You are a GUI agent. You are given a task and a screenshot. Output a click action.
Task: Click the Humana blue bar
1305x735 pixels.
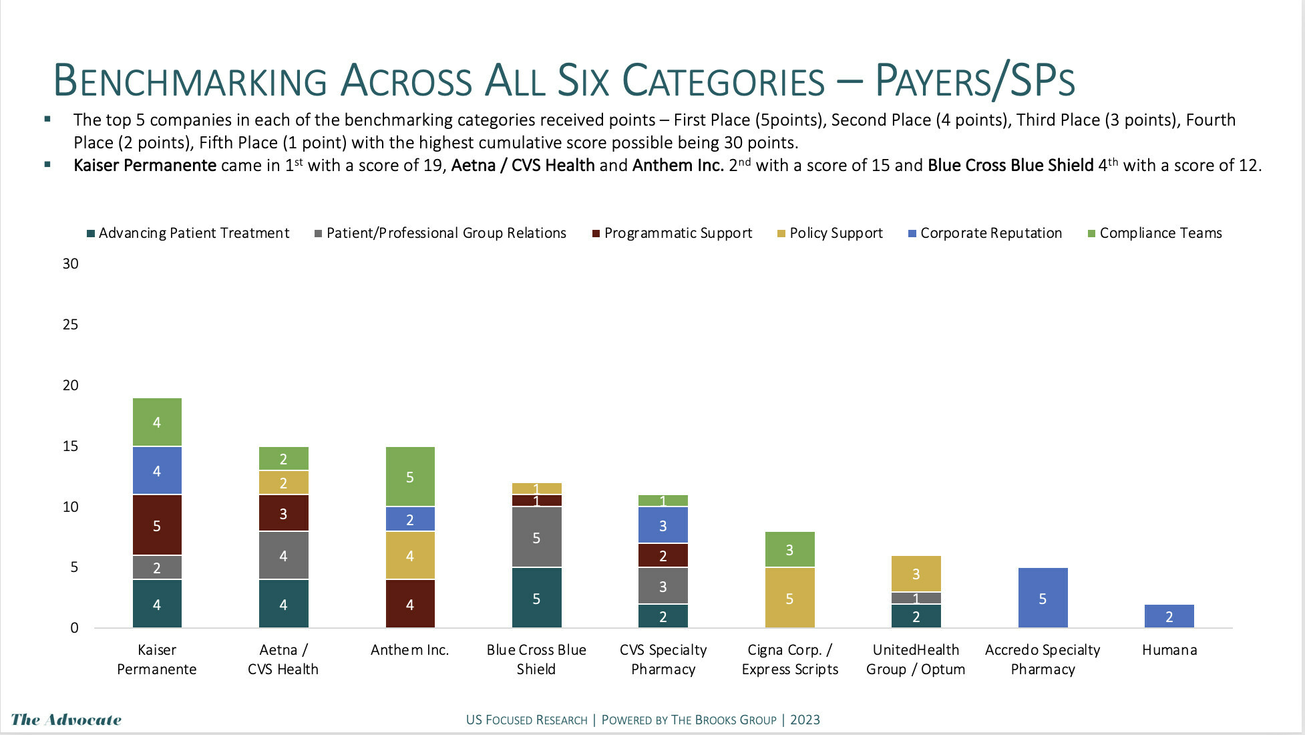(x=1169, y=616)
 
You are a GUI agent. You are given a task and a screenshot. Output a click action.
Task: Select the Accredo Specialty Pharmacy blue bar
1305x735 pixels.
(x=1043, y=598)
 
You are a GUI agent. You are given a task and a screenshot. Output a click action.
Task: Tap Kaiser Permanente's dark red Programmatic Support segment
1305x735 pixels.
(x=157, y=525)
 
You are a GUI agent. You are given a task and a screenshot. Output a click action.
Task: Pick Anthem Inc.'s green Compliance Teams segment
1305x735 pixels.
(x=410, y=477)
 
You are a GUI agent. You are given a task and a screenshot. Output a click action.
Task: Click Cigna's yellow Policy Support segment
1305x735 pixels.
(x=789, y=598)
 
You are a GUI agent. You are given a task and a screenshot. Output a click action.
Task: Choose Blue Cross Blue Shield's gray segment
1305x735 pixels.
(x=536, y=538)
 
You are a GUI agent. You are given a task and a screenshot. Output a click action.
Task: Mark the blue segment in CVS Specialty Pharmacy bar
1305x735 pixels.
(x=663, y=525)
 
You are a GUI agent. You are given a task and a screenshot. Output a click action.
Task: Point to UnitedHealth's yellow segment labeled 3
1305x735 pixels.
(x=916, y=574)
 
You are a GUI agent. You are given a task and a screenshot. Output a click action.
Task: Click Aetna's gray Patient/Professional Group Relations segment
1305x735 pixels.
(x=283, y=555)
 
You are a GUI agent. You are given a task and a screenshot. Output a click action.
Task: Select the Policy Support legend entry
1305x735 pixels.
(x=835, y=233)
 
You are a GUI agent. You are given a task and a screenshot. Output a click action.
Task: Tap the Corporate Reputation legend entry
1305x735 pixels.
(x=990, y=233)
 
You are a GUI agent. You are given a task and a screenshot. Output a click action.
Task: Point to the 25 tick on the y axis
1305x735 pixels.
(x=70, y=325)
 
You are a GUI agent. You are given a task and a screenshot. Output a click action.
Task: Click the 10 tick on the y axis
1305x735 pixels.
(x=70, y=507)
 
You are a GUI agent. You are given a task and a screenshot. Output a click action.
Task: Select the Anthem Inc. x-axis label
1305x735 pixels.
(x=409, y=650)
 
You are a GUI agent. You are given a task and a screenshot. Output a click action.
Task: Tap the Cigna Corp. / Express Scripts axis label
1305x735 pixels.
(x=789, y=659)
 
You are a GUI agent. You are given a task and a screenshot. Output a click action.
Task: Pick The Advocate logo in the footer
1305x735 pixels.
(x=66, y=720)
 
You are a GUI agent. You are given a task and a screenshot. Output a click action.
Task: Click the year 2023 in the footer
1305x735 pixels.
(x=805, y=720)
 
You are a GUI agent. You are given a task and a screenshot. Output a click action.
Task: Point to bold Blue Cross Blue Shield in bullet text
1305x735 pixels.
(x=1010, y=166)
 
